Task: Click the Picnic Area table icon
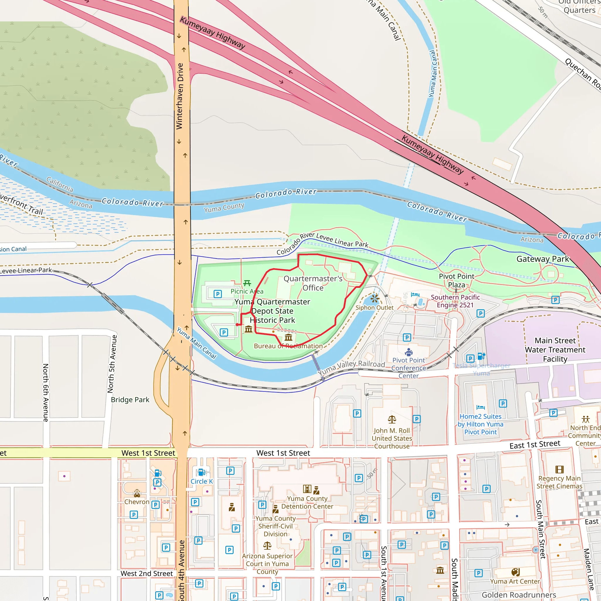[x=247, y=283]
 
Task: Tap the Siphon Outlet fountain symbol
[x=375, y=299]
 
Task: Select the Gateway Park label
[x=543, y=259]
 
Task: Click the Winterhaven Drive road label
[x=180, y=96]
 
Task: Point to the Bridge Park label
[x=130, y=400]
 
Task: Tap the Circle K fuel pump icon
[x=201, y=472]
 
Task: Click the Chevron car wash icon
[x=137, y=493]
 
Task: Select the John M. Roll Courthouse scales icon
[x=392, y=420]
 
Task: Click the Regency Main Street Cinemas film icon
[x=559, y=470]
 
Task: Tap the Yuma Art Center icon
[x=515, y=572]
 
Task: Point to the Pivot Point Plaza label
[x=456, y=280]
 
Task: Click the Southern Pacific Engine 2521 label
[x=455, y=301]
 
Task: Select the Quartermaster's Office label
[x=313, y=283]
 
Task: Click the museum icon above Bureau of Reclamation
[x=288, y=337]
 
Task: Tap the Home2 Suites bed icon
[x=480, y=407]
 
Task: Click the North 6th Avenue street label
[x=46, y=393]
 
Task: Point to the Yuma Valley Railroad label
[x=351, y=368]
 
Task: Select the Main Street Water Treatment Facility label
[x=555, y=350]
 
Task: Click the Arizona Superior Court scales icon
[x=267, y=545]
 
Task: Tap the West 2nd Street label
[x=146, y=573]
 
